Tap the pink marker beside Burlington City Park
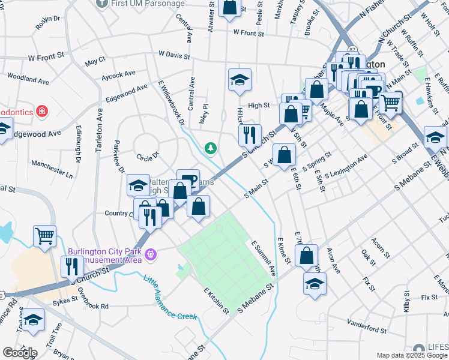pyautogui.click(x=151, y=255)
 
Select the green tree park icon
pyautogui.click(x=211, y=147)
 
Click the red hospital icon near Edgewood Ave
pyautogui.click(x=41, y=111)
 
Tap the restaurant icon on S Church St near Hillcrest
pyautogui.click(x=250, y=135)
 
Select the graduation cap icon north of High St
pyautogui.click(x=240, y=80)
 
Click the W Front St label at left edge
pyautogui.click(x=46, y=56)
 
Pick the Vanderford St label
pyautogui.click(x=366, y=329)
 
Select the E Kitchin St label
pyautogui.click(x=216, y=300)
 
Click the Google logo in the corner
pyautogui.click(x=20, y=353)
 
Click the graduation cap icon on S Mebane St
pyautogui.click(x=315, y=284)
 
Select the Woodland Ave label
pyautogui.click(x=28, y=79)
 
